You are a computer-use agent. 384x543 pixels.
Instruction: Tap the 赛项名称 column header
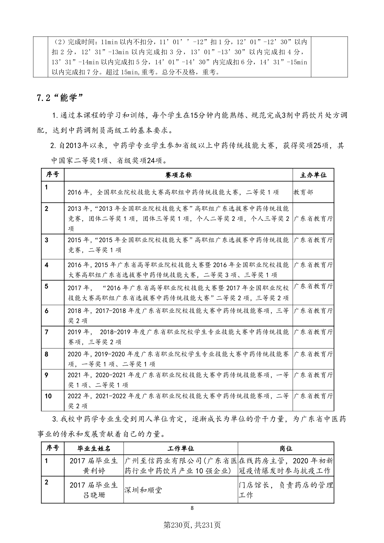(x=178, y=175)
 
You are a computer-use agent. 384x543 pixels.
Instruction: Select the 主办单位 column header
(x=313, y=175)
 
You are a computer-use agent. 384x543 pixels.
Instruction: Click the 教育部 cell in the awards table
(x=303, y=192)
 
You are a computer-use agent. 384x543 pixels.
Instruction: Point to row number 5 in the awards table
(x=46, y=287)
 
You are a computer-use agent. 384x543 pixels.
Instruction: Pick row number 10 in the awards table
(x=48, y=396)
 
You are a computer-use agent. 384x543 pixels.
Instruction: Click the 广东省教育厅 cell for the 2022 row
(x=313, y=396)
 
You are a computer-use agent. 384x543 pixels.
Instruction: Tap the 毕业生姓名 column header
(x=94, y=449)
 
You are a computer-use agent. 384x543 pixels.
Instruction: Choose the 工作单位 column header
(x=181, y=449)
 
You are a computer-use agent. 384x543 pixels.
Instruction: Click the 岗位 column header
(x=286, y=449)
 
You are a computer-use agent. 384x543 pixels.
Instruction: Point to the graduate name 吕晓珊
(x=94, y=495)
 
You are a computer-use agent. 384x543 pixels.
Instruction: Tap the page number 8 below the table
(x=192, y=508)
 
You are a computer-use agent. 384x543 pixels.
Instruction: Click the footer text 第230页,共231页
(x=192, y=525)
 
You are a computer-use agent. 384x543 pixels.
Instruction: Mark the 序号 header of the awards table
(x=53, y=175)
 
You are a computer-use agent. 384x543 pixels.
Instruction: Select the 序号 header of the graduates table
(x=53, y=448)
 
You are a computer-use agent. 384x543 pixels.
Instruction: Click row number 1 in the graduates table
(x=46, y=461)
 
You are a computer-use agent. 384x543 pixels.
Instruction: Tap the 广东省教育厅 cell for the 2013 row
(x=313, y=219)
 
